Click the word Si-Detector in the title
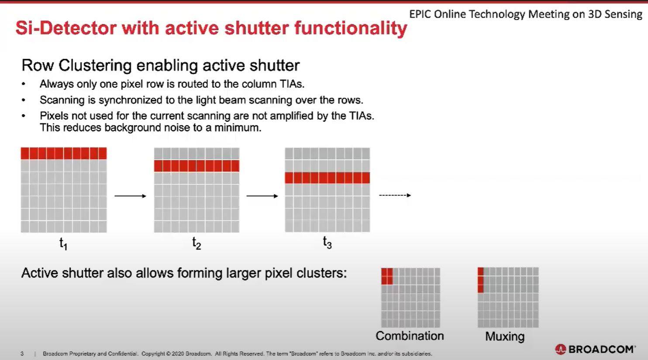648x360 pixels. coord(66,28)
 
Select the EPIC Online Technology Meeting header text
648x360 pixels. coord(525,14)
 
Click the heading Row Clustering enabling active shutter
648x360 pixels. coord(161,65)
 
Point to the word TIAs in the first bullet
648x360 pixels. coord(292,84)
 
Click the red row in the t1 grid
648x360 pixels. coord(64,153)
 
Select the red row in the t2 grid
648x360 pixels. coord(196,166)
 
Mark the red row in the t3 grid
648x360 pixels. coord(327,178)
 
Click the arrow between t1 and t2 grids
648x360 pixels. coord(131,196)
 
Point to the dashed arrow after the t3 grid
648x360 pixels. coord(395,195)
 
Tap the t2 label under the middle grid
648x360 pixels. coord(196,243)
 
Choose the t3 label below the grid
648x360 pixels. coord(327,243)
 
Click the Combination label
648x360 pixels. coord(410,336)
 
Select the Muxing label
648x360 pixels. coord(505,337)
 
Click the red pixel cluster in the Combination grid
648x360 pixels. coord(387,276)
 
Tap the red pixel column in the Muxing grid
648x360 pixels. coord(480,280)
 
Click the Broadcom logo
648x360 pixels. coord(595,349)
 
